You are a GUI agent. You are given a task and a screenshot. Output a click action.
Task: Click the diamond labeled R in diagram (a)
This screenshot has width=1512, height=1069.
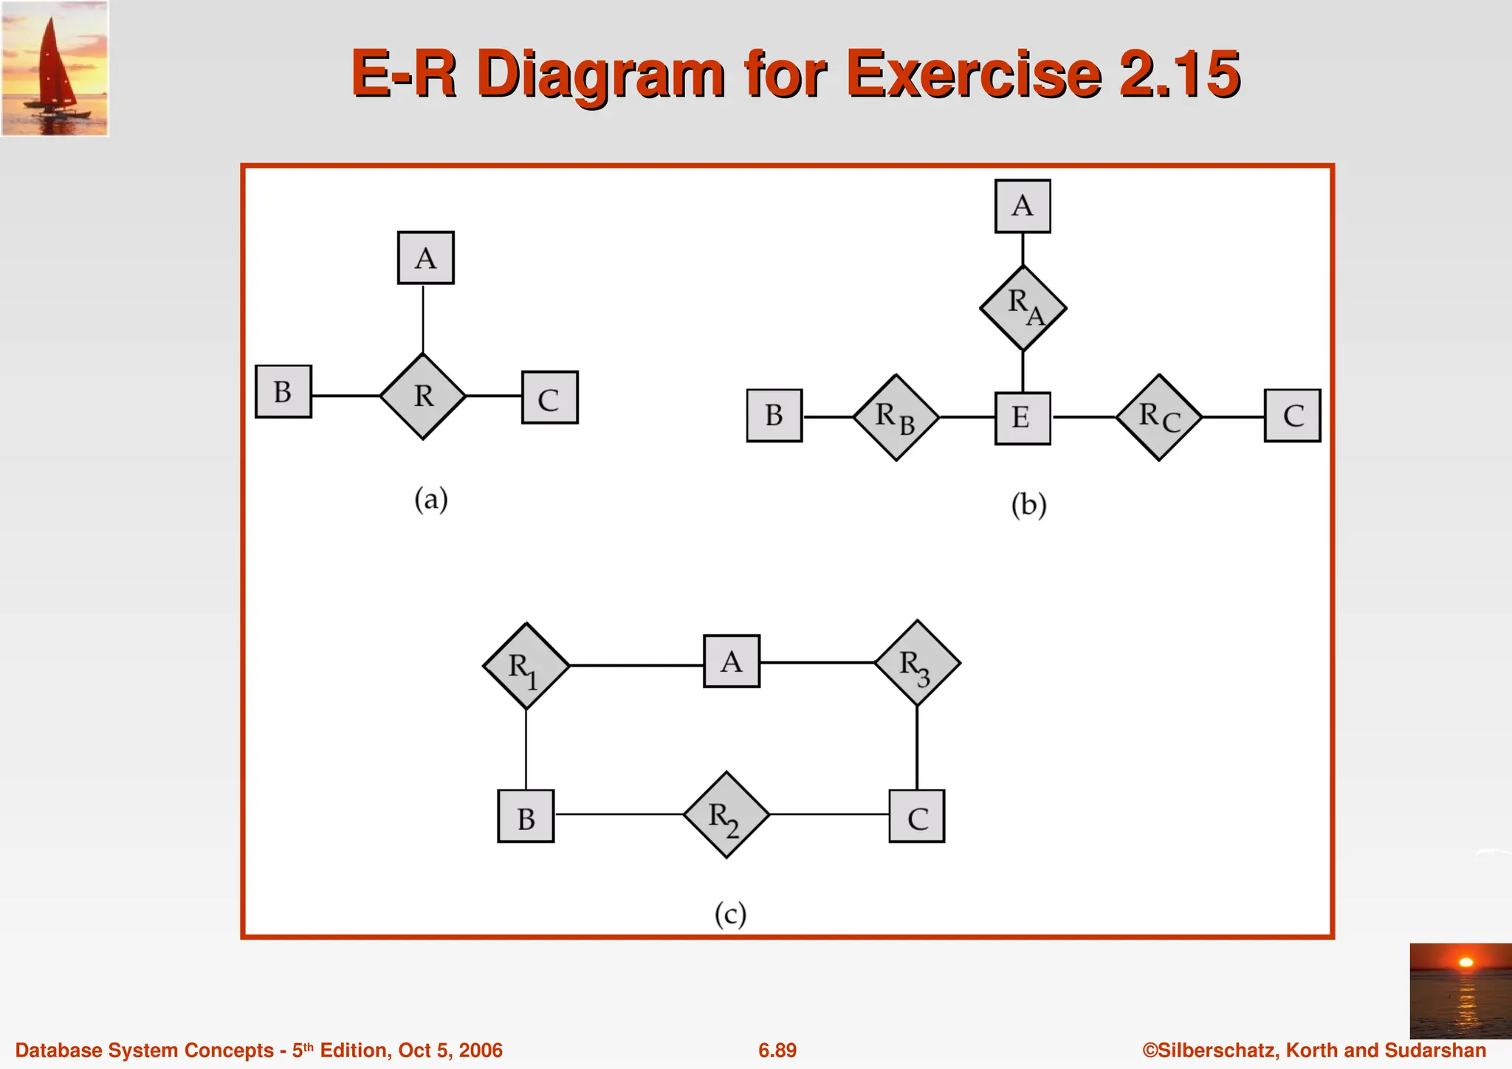pos(423,396)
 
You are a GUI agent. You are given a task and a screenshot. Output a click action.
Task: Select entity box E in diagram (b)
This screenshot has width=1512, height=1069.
pos(1023,418)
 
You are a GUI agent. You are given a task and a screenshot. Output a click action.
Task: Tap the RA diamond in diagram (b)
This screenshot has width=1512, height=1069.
pos(1023,308)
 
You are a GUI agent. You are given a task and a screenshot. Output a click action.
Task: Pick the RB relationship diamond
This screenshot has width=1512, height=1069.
pos(896,418)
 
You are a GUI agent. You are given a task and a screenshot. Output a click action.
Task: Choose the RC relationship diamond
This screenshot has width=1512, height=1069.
pos(1159,418)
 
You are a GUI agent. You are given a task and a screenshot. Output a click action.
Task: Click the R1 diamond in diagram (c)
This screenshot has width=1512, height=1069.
pos(526,666)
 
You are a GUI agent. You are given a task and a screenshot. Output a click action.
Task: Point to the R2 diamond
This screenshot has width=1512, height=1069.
pos(726,815)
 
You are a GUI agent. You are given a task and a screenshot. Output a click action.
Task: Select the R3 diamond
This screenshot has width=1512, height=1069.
pos(917,663)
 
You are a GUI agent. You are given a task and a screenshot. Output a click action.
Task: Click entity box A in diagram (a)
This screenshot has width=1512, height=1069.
pos(425,258)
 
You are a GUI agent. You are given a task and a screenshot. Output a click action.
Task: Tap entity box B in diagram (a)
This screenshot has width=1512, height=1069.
pos(283,391)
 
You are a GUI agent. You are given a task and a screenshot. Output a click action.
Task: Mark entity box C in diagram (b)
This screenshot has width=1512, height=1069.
pos(1292,416)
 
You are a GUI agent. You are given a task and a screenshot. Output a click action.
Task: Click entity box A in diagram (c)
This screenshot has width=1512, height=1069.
pos(731,661)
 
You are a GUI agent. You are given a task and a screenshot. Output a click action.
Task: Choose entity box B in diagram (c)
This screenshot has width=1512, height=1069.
pos(526,817)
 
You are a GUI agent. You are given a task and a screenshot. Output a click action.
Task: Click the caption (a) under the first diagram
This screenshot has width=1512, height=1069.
pos(431,500)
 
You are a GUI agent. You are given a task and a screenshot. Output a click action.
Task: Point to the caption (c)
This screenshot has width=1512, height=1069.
pos(730,914)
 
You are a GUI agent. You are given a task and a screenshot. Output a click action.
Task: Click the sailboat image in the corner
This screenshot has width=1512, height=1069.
pos(55,69)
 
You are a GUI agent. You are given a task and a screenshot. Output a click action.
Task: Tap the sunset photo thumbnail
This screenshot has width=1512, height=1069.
pos(1460,991)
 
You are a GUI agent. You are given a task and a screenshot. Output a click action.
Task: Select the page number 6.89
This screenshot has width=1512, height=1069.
pos(777,1051)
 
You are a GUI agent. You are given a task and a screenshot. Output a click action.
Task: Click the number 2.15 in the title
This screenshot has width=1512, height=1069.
pos(1179,74)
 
